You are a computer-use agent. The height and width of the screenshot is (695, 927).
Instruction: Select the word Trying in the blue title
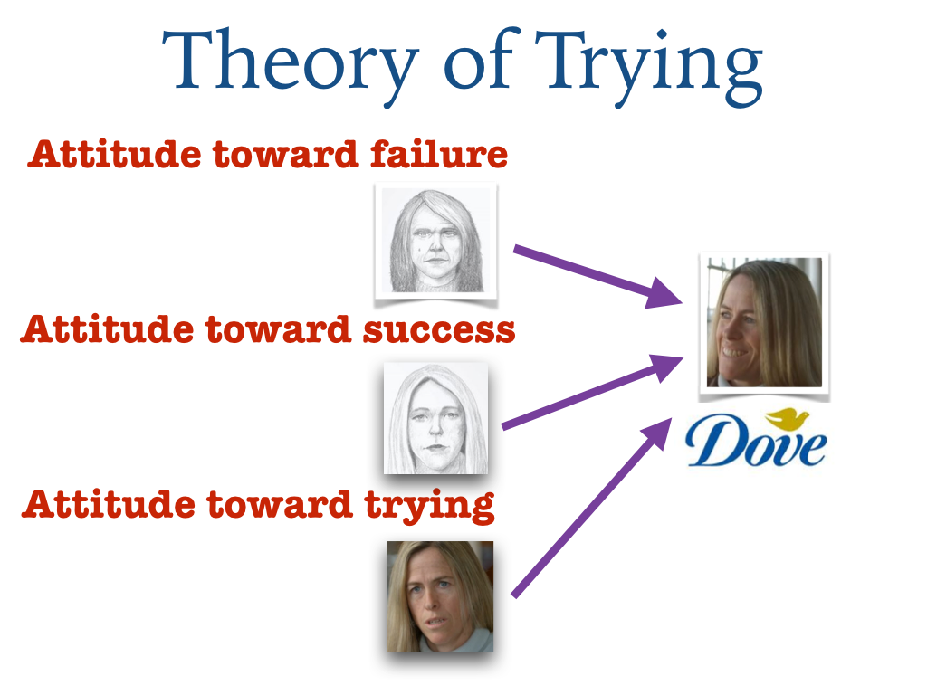click(x=648, y=67)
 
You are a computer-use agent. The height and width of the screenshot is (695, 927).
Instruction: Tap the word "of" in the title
click(x=482, y=58)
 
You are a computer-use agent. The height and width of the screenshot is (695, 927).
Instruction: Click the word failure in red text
click(x=439, y=154)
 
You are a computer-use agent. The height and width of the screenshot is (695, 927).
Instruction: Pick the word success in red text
click(x=439, y=330)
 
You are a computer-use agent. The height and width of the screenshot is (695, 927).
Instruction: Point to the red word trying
click(x=430, y=507)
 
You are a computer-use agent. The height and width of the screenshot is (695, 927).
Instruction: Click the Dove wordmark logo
click(x=756, y=438)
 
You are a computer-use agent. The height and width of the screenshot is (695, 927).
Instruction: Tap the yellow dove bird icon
click(x=787, y=418)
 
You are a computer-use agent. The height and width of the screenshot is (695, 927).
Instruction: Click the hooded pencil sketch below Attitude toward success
click(x=435, y=418)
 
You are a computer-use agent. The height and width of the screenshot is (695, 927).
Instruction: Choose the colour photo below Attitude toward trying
click(x=440, y=597)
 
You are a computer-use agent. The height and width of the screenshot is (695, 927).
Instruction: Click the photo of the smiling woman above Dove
click(x=764, y=323)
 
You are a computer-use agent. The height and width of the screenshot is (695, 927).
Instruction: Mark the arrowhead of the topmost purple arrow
click(x=664, y=293)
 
